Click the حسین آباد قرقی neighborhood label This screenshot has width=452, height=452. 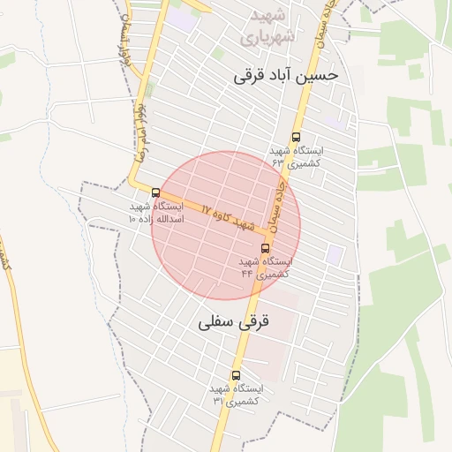coord(285,76)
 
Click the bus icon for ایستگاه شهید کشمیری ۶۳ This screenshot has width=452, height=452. coord(295,138)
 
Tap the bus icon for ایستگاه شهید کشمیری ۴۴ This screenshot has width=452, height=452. coord(266,249)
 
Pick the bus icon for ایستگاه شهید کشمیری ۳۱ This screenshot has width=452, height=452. coord(235,375)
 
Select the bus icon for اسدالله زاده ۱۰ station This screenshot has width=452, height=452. coord(156,192)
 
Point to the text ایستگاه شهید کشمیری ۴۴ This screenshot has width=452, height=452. coord(264,267)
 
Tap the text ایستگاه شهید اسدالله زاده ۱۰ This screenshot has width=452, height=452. coord(155,211)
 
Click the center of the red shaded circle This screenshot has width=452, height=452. coord(226,226)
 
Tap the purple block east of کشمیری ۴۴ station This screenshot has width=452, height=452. coord(334,254)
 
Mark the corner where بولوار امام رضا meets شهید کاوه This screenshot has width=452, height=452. coord(134,185)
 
